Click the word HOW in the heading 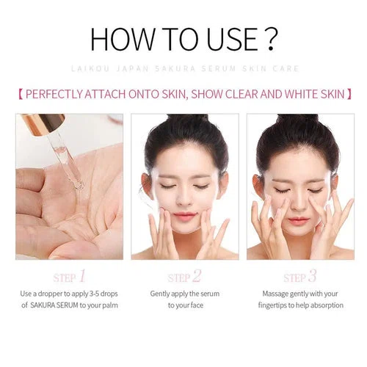(x=123, y=40)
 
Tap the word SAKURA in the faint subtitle (x=175, y=68)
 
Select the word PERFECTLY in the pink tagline (x=54, y=94)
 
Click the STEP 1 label (x=70, y=277)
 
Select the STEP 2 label (x=184, y=277)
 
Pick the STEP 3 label (x=300, y=277)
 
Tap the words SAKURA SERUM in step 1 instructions (x=54, y=305)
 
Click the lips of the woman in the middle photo (x=185, y=216)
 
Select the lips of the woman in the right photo (x=299, y=221)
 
